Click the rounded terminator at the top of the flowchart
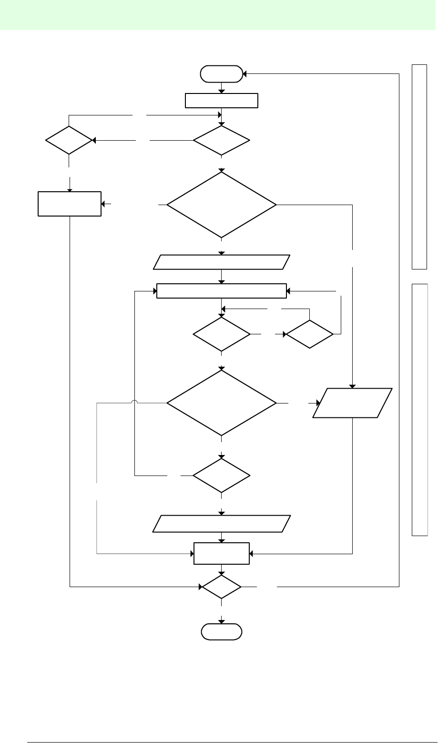[x=222, y=74]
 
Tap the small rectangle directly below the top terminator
[x=222, y=101]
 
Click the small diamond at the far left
[x=69, y=141]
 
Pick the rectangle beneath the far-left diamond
[x=70, y=204]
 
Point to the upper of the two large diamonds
[x=222, y=205]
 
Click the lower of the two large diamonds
[x=222, y=403]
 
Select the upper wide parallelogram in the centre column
[x=222, y=262]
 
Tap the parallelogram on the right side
[x=352, y=403]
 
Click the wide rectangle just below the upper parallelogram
[x=222, y=291]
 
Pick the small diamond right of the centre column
[x=310, y=334]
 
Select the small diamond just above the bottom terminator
[x=222, y=587]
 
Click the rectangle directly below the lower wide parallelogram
[x=222, y=553]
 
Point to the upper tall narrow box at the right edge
[x=419, y=166]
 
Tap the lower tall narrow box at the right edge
[x=419, y=409]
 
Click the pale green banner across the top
[x=219, y=15]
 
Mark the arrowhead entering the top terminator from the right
[x=244, y=74]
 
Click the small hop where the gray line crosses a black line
[x=134, y=403]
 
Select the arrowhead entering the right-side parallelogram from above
[x=352, y=386]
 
